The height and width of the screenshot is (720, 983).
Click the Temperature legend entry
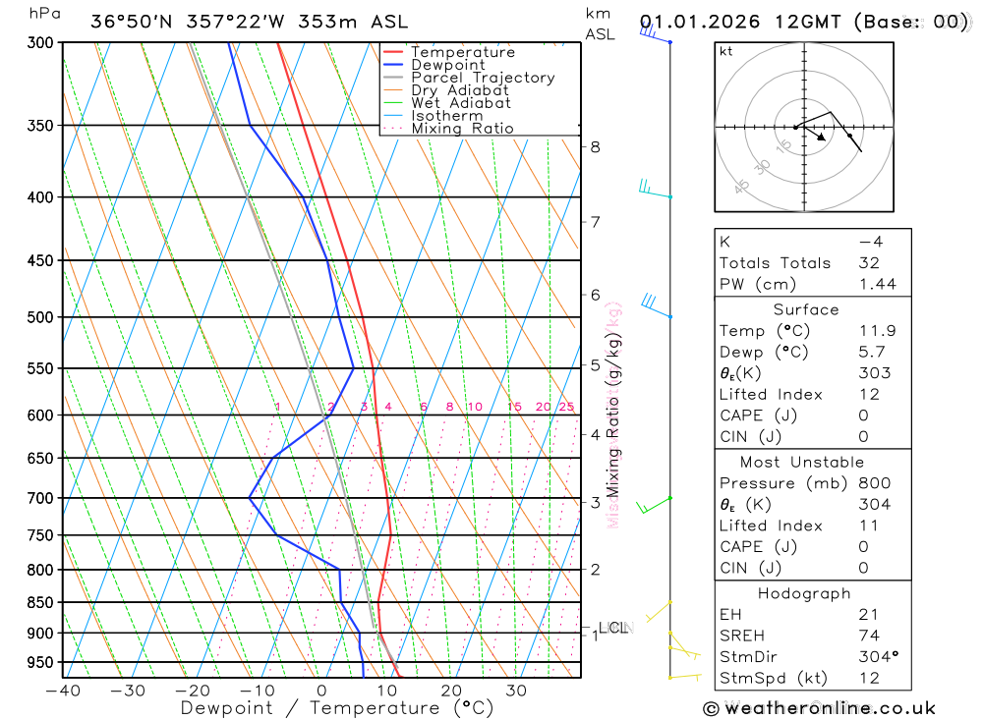(462, 52)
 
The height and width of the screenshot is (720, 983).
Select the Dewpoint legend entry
(447, 65)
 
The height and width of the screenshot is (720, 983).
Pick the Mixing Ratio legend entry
(462, 129)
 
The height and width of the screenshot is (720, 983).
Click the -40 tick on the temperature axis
(63, 691)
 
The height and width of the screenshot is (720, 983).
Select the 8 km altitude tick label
(595, 147)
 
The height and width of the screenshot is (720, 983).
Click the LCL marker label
(612, 628)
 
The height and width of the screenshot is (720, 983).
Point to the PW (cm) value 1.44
(877, 285)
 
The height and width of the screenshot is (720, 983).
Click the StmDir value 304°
(877, 657)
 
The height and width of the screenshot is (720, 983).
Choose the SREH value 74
(869, 636)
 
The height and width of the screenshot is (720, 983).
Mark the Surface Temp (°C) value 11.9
(877, 331)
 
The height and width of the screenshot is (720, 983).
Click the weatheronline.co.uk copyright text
(819, 708)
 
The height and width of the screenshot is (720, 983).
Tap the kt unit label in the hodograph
(726, 51)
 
